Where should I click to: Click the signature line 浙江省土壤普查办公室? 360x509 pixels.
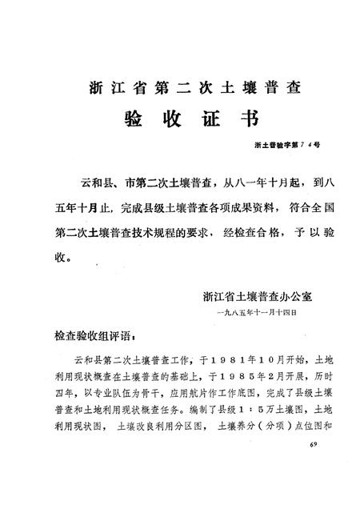click(x=258, y=296)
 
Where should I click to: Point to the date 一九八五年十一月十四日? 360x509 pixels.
click(x=257, y=313)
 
